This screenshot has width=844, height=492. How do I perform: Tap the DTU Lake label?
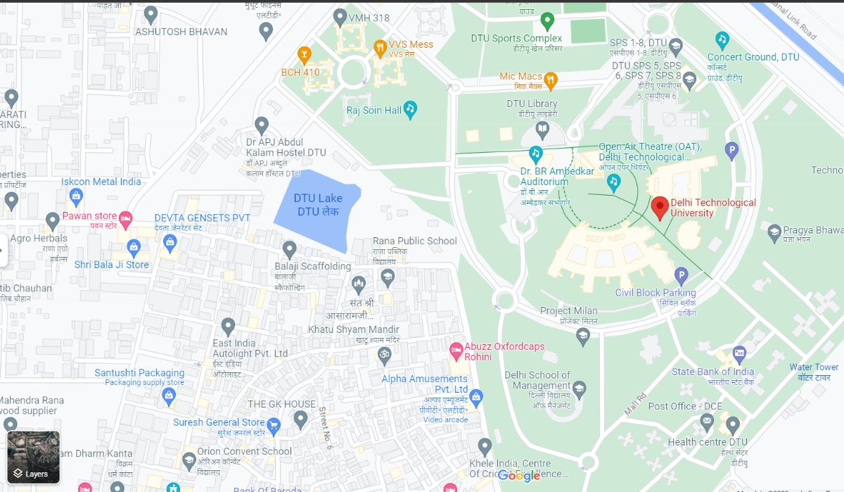(x=319, y=205)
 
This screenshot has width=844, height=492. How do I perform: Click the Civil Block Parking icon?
(x=681, y=276)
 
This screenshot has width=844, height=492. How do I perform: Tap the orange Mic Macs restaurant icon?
(x=551, y=80)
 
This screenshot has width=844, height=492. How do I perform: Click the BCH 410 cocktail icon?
(x=304, y=54)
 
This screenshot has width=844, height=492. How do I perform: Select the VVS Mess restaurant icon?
(x=380, y=48)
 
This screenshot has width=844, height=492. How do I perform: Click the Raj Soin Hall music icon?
(x=411, y=109)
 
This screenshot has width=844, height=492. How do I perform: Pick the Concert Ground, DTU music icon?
(x=722, y=39)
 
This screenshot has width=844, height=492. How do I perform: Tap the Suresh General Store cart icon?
(x=274, y=424)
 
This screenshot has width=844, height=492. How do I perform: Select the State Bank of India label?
(x=712, y=372)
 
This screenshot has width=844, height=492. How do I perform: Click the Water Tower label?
(x=814, y=367)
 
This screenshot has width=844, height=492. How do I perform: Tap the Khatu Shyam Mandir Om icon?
(x=384, y=355)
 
